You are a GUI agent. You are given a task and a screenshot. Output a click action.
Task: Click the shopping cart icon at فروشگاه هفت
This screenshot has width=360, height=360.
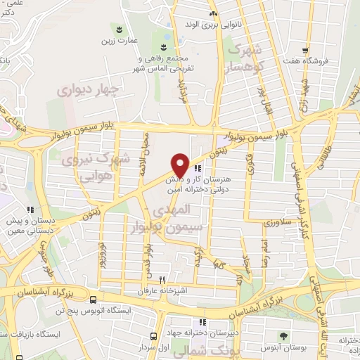[304, 50]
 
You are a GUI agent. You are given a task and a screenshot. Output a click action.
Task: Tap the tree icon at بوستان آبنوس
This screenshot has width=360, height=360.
[283, 336]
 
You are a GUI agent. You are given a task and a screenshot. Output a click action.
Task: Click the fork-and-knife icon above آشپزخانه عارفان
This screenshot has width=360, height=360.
[163, 278]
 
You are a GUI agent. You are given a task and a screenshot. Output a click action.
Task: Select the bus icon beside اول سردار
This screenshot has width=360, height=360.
[154, 336]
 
